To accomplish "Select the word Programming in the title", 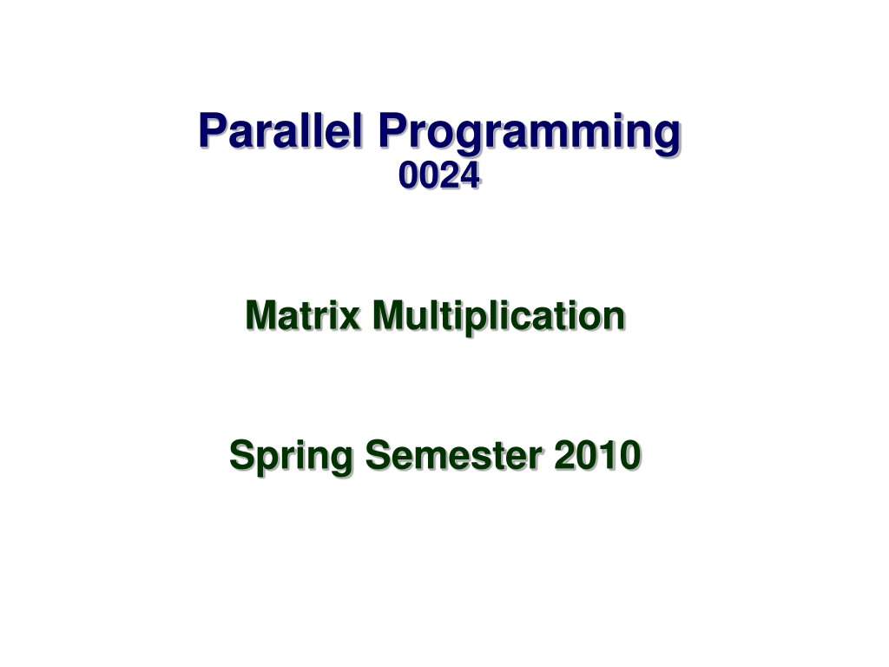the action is point(529,134).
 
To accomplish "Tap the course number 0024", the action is point(438,175).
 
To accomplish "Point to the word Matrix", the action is point(303,315).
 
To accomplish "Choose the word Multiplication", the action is point(499,318).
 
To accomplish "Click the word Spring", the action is point(292,457).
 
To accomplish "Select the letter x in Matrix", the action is point(350,320).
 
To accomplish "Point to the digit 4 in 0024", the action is point(470,175).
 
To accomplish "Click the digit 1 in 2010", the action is point(605,455).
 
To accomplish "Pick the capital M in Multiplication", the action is point(390,315).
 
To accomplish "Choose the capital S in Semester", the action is point(379,455).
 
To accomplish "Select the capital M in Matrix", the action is point(262,315).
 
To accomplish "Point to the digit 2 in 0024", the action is point(449,175).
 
